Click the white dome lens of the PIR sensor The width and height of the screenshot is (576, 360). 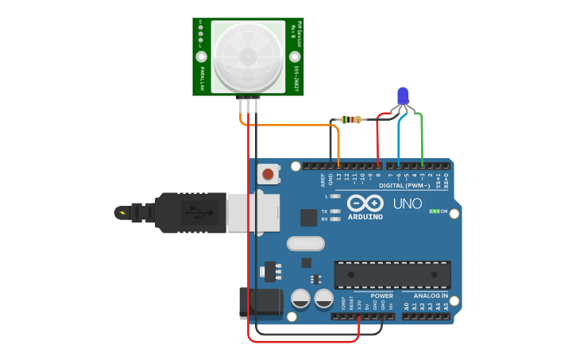point(248,54)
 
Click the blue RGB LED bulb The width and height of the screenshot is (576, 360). point(404,95)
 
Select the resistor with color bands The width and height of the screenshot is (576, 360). point(350,120)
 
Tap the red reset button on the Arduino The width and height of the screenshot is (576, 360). point(269,174)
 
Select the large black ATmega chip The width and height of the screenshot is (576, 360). point(392,274)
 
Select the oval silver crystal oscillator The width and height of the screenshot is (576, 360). point(306,244)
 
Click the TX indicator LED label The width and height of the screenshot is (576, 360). point(324,211)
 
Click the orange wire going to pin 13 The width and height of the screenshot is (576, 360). point(294,125)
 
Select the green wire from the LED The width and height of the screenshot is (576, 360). point(422,135)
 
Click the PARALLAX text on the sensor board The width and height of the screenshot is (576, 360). point(203,77)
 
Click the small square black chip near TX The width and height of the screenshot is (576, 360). point(309,217)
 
